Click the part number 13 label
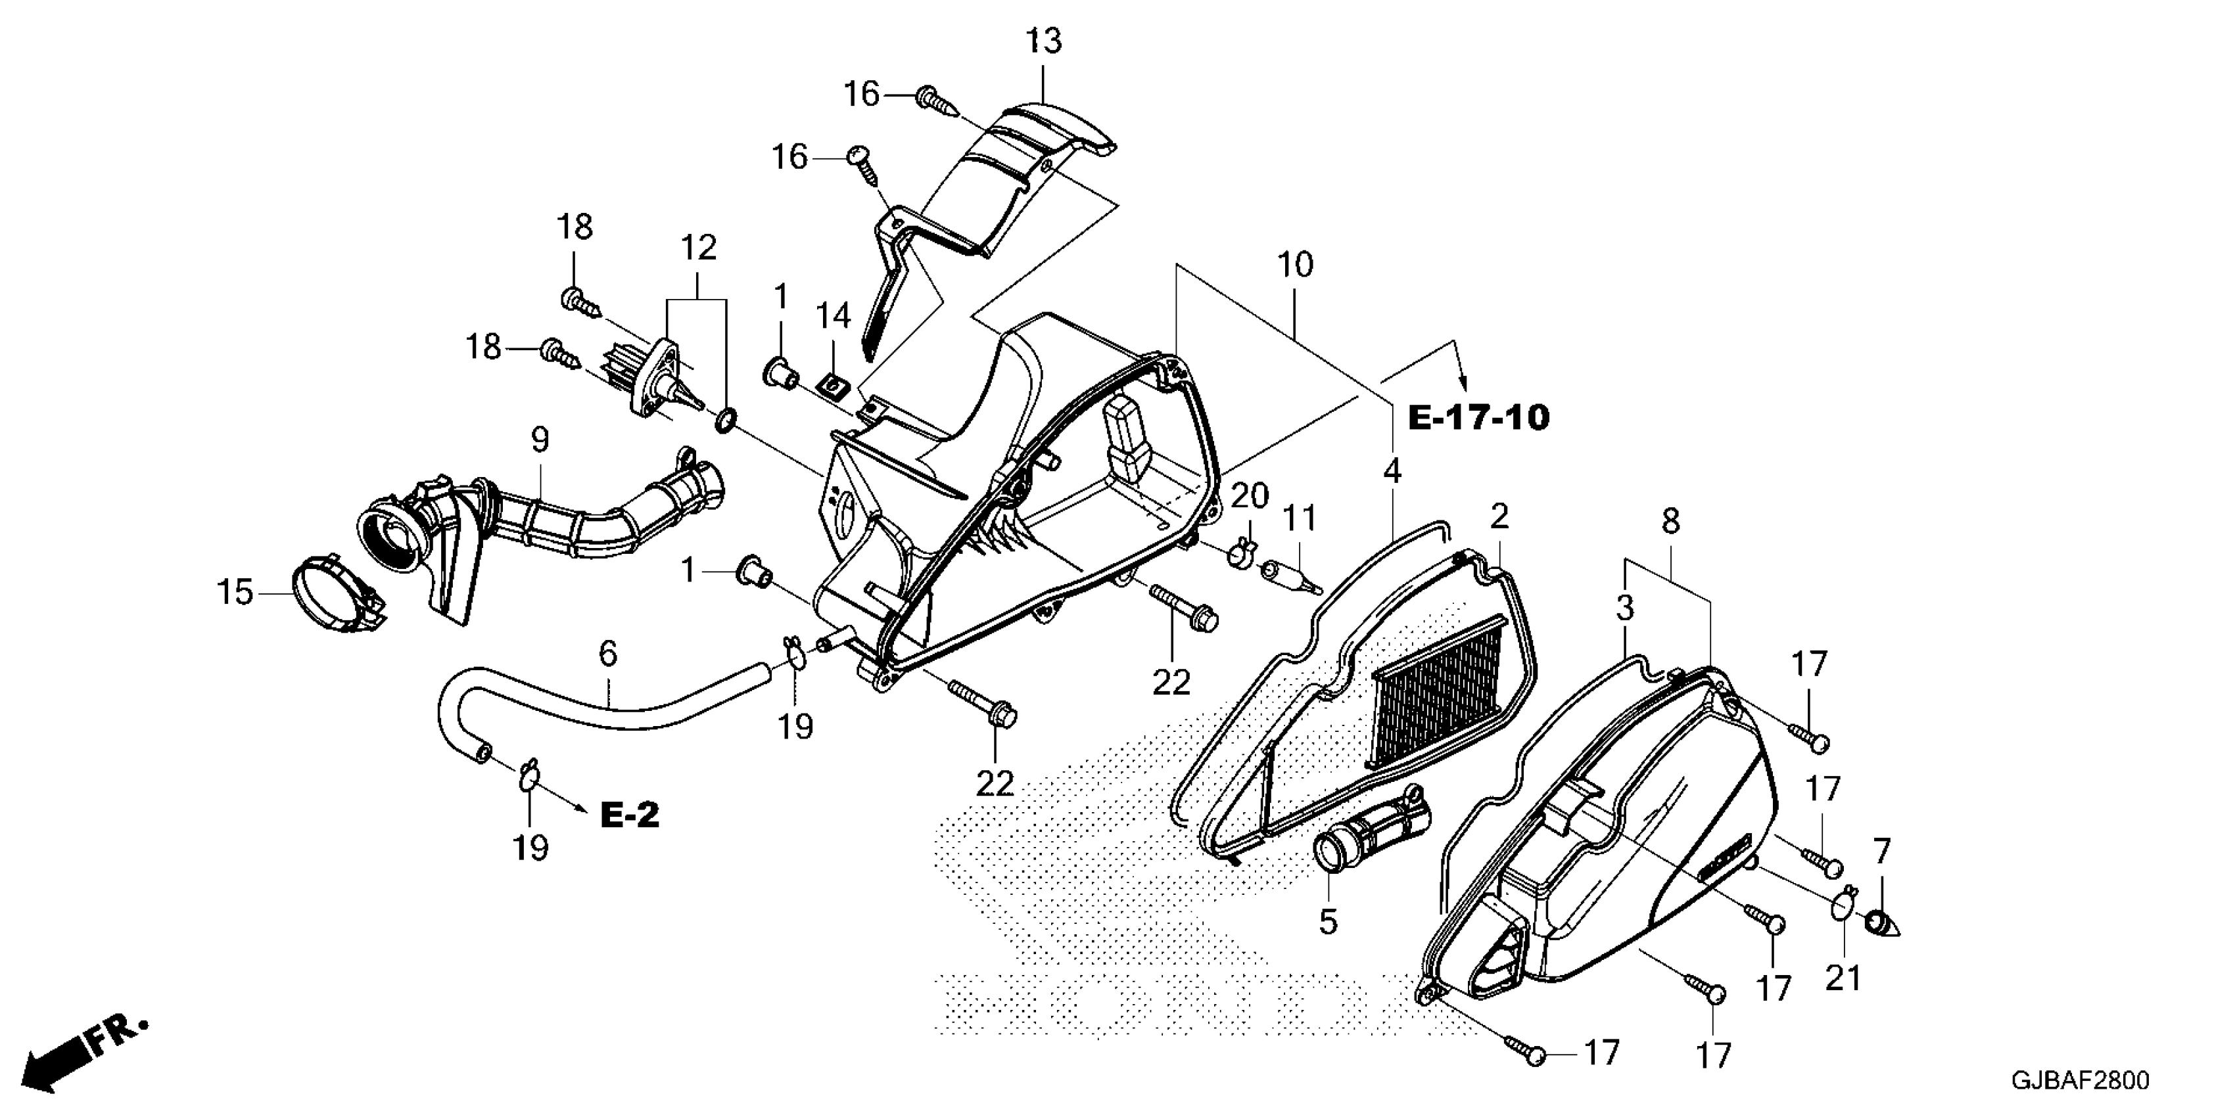click(1044, 41)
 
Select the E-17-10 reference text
click(1478, 418)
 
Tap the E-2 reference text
click(630, 815)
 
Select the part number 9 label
click(540, 440)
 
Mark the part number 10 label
click(1294, 265)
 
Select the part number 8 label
click(1670, 521)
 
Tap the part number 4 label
click(1392, 472)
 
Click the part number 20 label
click(1250, 497)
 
